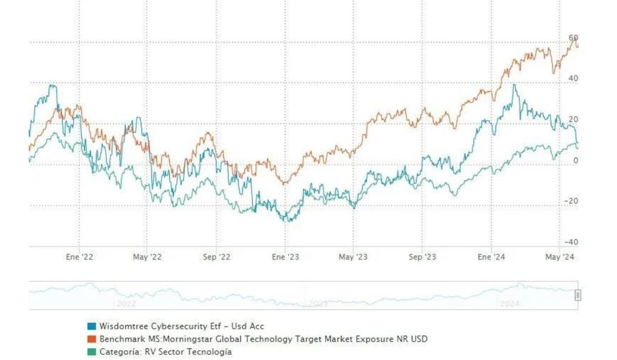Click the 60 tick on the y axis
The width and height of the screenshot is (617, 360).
573,38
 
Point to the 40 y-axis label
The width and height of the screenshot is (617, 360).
573,78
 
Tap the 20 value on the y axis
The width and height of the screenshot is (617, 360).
573,119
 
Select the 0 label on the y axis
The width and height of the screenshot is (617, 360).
575,160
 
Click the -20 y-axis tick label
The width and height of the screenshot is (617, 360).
571,201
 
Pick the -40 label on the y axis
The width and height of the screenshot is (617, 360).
571,242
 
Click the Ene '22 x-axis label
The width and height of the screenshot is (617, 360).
80,257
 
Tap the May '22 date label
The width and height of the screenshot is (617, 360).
148,257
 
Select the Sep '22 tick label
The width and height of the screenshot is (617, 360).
216,257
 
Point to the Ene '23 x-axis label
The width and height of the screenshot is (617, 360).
285,257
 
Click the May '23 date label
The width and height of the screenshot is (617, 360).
353,257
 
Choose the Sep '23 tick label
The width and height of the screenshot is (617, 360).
422,257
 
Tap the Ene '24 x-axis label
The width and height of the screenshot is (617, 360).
491,257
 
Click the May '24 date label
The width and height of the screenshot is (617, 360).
559,257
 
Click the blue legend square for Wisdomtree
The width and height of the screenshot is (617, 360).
92,326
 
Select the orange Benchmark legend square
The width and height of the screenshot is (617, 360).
92,339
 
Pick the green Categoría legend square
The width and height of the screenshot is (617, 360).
92,352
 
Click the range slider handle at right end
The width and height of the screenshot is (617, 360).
578,295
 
